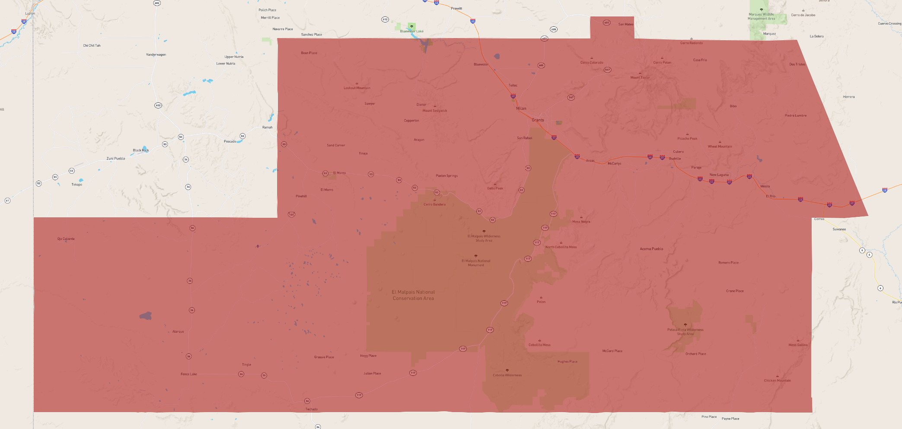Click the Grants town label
[538, 120]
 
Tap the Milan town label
[521, 108]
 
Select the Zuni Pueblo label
[116, 159]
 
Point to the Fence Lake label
[188, 374]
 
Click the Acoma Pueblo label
[651, 249]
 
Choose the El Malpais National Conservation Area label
[413, 295]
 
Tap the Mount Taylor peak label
[640, 78]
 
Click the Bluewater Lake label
[411, 31]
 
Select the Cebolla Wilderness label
[507, 375]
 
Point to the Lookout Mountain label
[357, 88]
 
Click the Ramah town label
[267, 127]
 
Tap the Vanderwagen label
[156, 55]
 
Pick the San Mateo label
[625, 24]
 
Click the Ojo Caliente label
[66, 239]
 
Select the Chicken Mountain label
[777, 381]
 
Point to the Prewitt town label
[456, 9]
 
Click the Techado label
[311, 409]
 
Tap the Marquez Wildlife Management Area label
[762, 16]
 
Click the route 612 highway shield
[385, 19]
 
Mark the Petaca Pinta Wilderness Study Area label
[685, 332]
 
